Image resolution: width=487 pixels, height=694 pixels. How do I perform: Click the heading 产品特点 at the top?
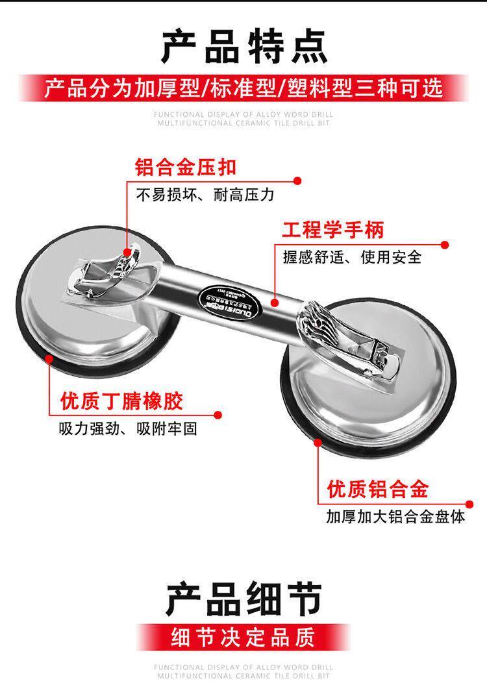click(243, 45)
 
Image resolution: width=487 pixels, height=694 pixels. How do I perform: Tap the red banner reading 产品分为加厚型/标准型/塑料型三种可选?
click(243, 88)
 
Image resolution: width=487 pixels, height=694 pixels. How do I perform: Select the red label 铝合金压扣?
click(185, 167)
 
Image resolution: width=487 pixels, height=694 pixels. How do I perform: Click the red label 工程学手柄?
click(332, 229)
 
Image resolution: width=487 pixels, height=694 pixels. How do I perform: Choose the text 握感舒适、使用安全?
click(352, 257)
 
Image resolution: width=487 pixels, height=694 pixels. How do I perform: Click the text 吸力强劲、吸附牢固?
click(127, 429)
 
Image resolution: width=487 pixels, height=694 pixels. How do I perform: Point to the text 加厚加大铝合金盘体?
click(395, 517)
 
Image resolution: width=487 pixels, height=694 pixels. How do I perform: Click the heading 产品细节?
click(243, 599)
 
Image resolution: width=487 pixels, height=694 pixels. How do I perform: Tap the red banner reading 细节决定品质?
click(243, 637)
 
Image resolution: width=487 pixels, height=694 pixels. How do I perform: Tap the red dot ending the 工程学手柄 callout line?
click(445, 245)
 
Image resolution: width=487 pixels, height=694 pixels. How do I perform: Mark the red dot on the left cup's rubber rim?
click(50, 356)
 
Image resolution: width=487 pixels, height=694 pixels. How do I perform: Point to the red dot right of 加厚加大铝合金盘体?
click(469, 504)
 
